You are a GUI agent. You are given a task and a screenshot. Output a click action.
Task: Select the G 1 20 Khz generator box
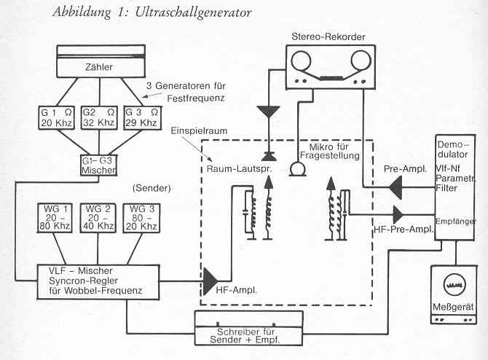pos(55,117)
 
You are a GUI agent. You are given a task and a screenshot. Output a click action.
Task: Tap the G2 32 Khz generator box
pos(98,117)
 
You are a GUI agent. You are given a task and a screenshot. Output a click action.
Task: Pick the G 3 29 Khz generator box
pos(141,117)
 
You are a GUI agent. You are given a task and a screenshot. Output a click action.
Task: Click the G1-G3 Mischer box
pos(97,165)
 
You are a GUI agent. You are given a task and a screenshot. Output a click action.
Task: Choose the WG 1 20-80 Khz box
pos(56,218)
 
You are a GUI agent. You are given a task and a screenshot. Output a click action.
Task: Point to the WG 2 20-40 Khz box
pos(99,218)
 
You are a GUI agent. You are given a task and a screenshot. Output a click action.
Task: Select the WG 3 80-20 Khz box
pos(141,218)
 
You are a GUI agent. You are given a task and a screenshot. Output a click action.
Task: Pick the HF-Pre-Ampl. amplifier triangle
pos(400,214)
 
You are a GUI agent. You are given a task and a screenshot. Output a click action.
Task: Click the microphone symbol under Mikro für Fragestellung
pos(296,170)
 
